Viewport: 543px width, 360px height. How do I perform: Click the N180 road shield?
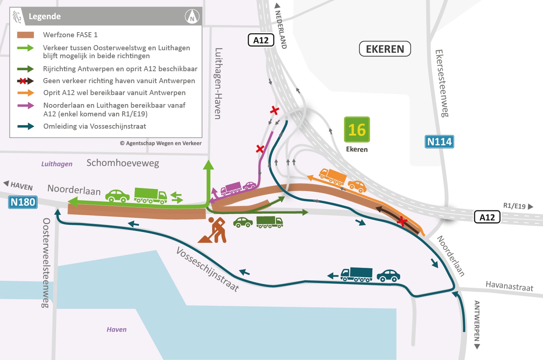click(x=23, y=202)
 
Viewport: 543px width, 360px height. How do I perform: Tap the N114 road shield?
click(x=439, y=142)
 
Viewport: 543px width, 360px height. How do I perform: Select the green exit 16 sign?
click(x=357, y=129)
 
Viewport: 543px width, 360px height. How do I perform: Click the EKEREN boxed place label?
click(x=385, y=49)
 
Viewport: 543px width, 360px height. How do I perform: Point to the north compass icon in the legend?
click(x=192, y=17)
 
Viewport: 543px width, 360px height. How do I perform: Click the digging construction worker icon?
click(x=214, y=230)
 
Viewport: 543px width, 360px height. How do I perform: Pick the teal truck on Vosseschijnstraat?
click(x=356, y=274)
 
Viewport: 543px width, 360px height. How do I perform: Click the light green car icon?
click(x=117, y=196)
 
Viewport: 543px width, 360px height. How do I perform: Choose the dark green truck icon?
click(x=269, y=222)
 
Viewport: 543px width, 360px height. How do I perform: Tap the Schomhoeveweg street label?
click(x=123, y=163)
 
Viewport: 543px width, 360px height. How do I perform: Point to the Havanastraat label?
click(x=509, y=286)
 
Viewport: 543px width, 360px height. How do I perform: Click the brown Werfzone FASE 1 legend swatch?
click(x=26, y=35)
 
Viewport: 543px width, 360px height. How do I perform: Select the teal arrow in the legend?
click(x=26, y=127)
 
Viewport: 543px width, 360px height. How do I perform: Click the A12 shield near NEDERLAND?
click(x=261, y=40)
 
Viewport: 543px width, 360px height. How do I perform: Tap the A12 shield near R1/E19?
click(x=487, y=217)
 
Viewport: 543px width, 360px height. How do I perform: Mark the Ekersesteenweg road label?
click(x=442, y=83)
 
